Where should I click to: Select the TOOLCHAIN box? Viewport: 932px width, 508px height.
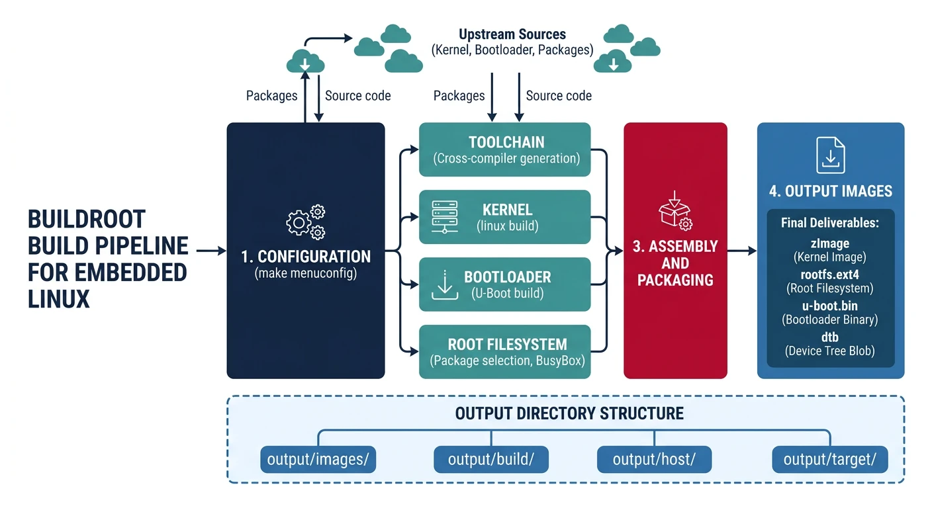pyautogui.click(x=505, y=149)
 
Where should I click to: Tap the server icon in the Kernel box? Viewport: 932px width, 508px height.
pyautogui.click(x=445, y=217)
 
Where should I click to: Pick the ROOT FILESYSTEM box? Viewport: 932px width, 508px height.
pyautogui.click(x=505, y=352)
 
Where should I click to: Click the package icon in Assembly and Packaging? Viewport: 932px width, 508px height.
pyautogui.click(x=674, y=210)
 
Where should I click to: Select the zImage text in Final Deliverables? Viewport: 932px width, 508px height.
pyautogui.click(x=830, y=243)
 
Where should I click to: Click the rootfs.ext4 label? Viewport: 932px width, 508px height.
pyautogui.click(x=830, y=275)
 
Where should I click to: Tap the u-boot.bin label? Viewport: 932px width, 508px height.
pyautogui.click(x=830, y=306)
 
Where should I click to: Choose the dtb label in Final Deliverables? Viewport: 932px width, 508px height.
pyautogui.click(x=830, y=337)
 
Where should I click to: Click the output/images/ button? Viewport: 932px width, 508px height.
pyautogui.click(x=318, y=460)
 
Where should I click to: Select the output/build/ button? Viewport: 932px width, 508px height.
pyautogui.click(x=491, y=460)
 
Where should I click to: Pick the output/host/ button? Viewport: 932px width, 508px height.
pyautogui.click(x=654, y=460)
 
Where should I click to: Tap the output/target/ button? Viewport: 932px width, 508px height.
pyautogui.click(x=830, y=460)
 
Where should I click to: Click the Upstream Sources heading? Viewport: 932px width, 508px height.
pyautogui.click(x=512, y=34)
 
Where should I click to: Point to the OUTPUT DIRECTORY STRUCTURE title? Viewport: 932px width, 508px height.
pyautogui.click(x=569, y=414)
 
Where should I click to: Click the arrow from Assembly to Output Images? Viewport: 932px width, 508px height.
pyautogui.click(x=742, y=251)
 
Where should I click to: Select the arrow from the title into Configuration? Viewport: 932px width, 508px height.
pyautogui.click(x=211, y=251)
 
